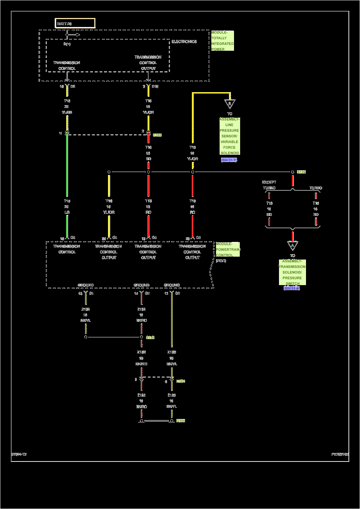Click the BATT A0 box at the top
75,23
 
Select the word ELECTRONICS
184,42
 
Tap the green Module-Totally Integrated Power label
222,41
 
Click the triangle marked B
229,104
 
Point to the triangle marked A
292,246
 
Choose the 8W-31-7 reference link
229,160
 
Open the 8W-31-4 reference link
292,288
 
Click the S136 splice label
301,172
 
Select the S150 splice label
150,337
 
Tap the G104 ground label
181,420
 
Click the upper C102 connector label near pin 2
157,135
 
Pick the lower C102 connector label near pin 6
180,381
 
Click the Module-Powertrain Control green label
228,249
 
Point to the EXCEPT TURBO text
269,185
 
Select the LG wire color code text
67,212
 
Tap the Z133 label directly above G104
171,395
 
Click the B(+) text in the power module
67,44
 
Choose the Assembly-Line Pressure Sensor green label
229,136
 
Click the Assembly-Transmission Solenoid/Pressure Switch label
292,272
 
